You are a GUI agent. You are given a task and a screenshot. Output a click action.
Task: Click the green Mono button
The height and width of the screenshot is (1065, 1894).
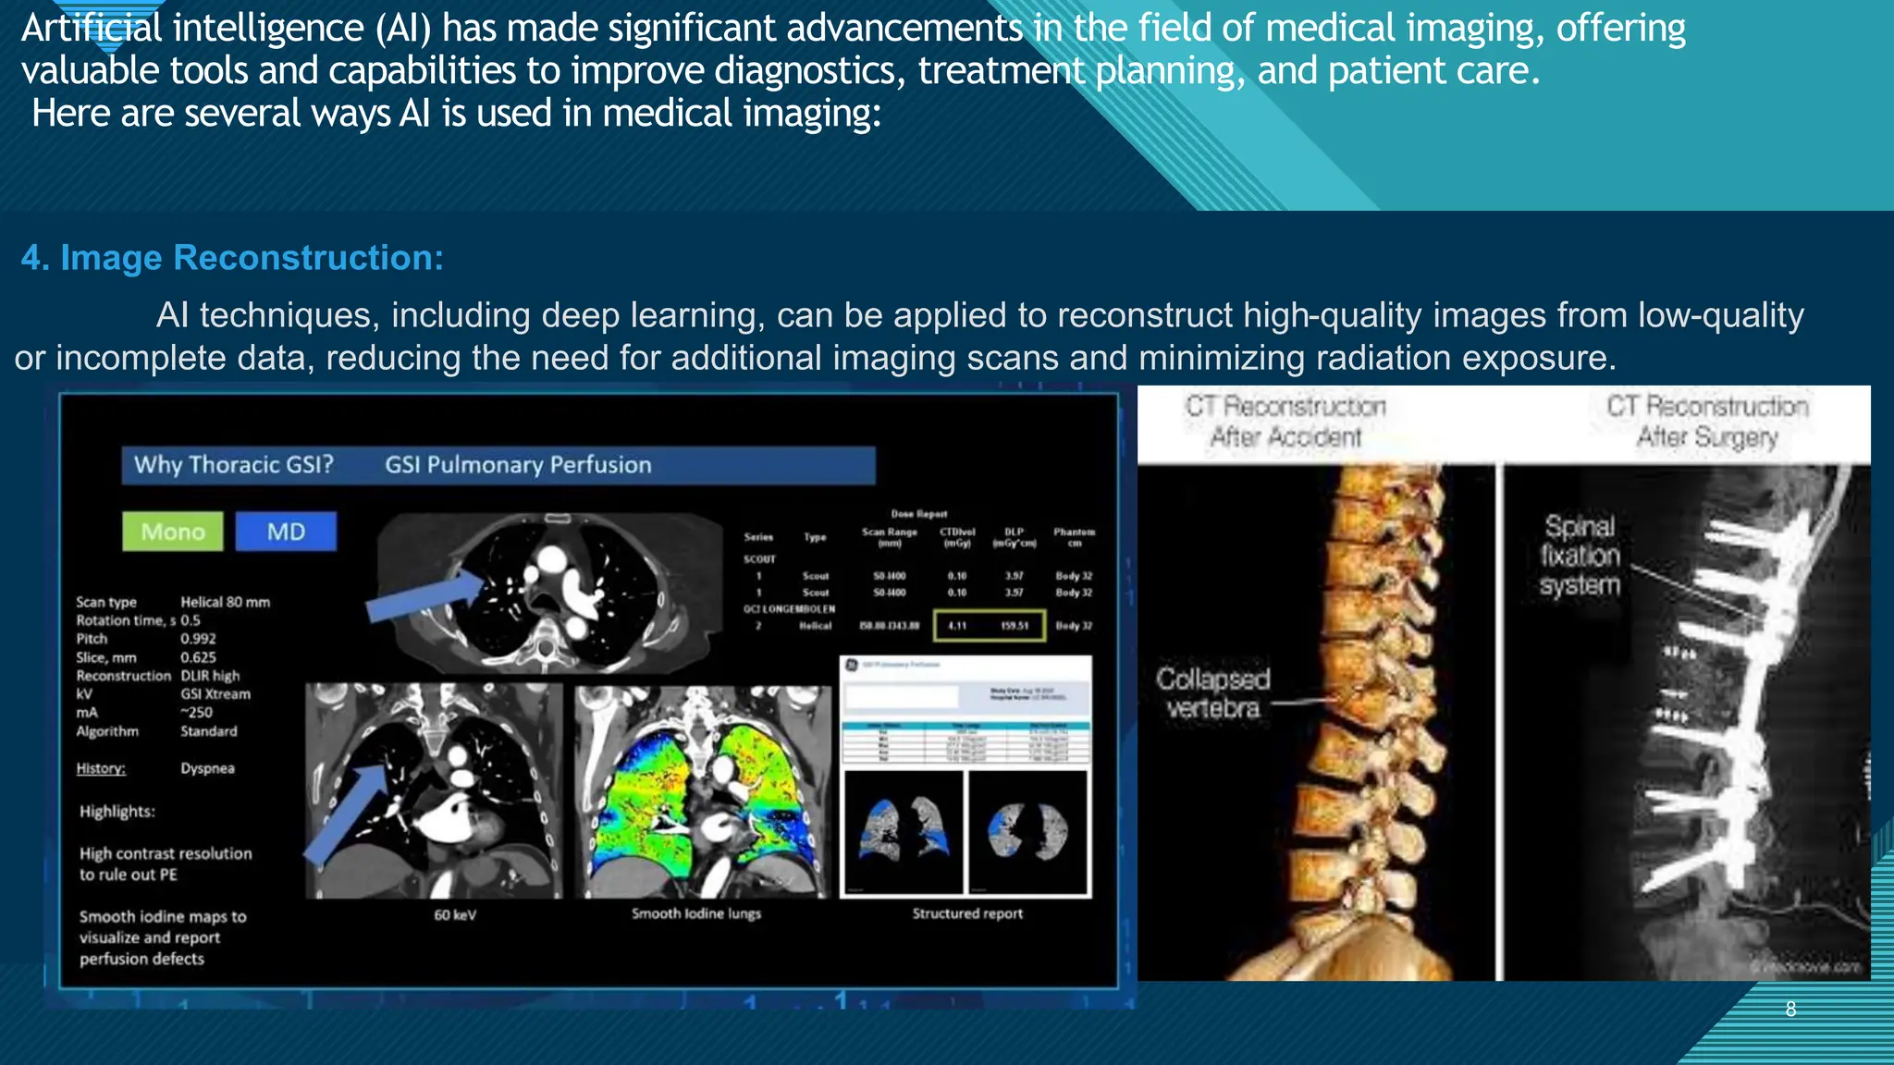pos(173,532)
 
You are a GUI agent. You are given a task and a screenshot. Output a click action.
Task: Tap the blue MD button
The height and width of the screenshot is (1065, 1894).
pos(286,532)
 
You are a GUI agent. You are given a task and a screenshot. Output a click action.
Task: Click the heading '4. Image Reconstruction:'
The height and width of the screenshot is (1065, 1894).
pos(232,258)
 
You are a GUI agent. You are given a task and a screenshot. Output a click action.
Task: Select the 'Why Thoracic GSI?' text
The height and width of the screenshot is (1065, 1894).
pos(233,464)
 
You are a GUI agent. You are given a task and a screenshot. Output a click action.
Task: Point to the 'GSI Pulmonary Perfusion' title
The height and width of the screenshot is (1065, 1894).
pos(518,464)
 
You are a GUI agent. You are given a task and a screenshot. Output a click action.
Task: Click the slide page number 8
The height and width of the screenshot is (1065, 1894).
pos(1790,1009)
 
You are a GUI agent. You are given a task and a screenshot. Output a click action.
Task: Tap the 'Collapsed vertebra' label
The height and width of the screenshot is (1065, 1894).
pos(1213,693)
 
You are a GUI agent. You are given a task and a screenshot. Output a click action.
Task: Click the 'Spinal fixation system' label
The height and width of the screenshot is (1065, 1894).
pos(1580,556)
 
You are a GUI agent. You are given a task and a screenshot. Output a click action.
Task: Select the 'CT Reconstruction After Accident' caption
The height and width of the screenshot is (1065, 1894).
pos(1285,422)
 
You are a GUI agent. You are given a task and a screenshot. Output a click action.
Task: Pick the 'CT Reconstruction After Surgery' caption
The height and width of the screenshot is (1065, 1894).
pos(1707,422)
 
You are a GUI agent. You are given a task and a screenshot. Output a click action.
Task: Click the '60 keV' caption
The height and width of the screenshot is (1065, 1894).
pos(455,915)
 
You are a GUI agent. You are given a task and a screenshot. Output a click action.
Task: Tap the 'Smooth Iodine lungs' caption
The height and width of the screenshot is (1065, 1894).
pos(696,913)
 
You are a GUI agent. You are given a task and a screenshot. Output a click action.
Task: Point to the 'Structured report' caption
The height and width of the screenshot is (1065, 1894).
pos(967,913)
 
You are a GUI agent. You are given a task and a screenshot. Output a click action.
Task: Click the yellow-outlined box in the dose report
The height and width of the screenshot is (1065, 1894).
pos(990,626)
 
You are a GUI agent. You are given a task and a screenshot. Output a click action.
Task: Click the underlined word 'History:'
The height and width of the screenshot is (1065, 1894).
pos(101,768)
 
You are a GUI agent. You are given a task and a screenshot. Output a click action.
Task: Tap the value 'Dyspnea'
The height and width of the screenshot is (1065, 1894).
pos(207,768)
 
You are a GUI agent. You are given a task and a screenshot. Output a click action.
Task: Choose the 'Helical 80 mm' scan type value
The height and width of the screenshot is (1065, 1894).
pos(226,602)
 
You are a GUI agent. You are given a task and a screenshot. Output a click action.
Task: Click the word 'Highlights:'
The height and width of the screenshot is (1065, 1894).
pos(117,812)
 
